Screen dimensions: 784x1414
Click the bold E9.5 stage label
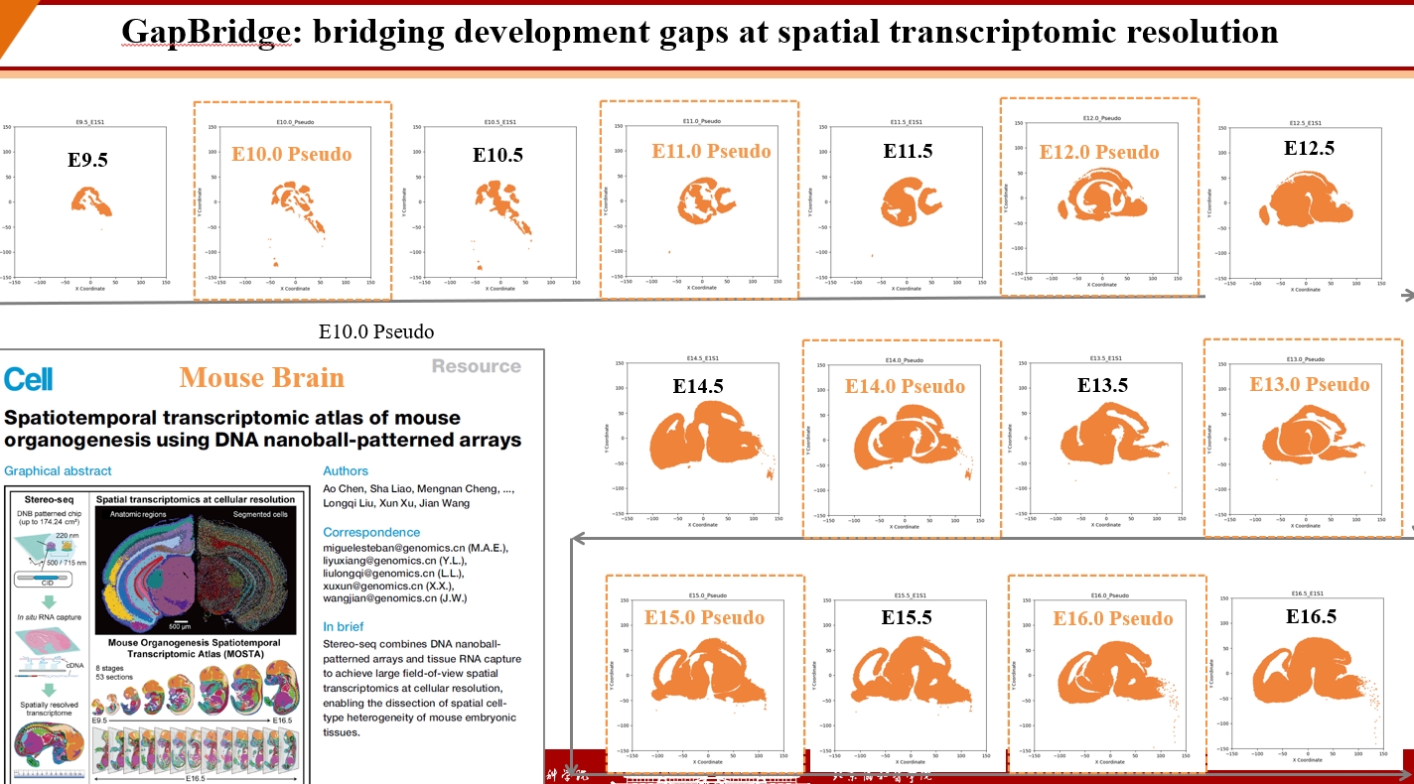tap(87, 159)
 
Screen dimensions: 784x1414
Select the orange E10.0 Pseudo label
tap(291, 155)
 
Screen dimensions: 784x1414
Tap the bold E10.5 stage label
tap(497, 156)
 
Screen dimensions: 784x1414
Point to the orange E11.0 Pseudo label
tap(711, 151)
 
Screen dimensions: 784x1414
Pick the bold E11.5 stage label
tap(909, 151)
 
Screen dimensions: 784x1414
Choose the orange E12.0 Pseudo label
tap(1099, 152)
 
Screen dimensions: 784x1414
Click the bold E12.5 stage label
tap(1309, 148)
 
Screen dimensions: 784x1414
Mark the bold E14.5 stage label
tap(697, 387)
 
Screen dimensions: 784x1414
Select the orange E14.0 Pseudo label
tap(905, 386)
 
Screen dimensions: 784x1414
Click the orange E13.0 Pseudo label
tap(1309, 384)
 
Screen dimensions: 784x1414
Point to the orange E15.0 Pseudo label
tap(704, 617)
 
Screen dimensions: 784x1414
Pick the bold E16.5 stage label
tap(1311, 616)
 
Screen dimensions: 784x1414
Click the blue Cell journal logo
tap(29, 378)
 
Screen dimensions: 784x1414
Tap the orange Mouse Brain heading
tap(262, 378)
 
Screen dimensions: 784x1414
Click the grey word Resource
tap(476, 366)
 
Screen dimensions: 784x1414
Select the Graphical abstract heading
tap(58, 470)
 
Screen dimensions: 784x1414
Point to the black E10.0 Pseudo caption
tap(375, 331)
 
